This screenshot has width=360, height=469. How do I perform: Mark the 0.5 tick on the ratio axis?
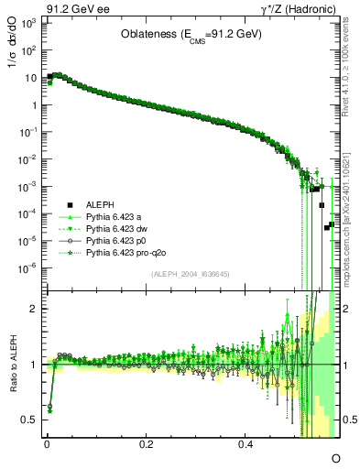[x=29, y=420]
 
